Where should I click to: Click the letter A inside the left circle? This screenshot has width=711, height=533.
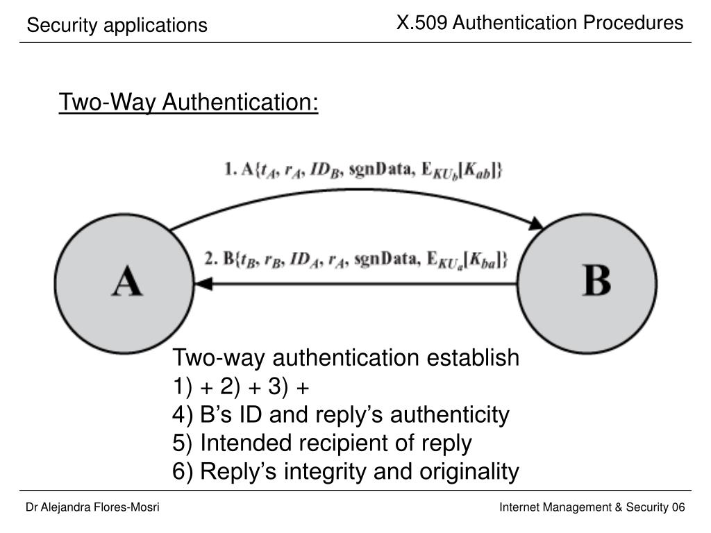127,281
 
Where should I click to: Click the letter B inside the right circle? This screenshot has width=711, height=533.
596,280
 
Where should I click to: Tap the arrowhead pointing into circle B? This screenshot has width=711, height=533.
537,224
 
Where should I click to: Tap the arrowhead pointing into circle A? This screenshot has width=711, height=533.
203,284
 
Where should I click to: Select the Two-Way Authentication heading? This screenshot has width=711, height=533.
189,102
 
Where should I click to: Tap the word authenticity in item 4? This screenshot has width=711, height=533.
450,415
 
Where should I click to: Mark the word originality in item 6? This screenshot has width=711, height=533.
469,472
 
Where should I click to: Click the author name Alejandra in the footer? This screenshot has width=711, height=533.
61,507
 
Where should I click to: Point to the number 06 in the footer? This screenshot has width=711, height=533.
678,507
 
